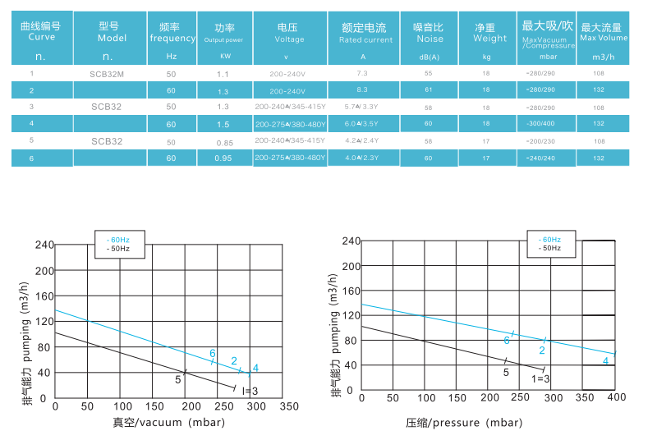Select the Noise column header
click(x=429, y=33)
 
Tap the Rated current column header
click(x=365, y=33)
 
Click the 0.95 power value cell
click(x=223, y=158)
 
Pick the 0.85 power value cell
click(x=223, y=141)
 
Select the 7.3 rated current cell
click(x=362, y=74)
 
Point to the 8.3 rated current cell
click(x=362, y=89)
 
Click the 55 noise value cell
click(x=428, y=74)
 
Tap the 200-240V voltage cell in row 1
click(x=287, y=74)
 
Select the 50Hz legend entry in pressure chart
click(x=551, y=247)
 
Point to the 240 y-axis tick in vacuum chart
click(x=43, y=245)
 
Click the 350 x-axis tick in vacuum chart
click(x=289, y=406)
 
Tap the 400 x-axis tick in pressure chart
click(x=615, y=397)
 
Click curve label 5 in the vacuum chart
click(x=177, y=379)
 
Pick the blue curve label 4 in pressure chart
click(x=606, y=360)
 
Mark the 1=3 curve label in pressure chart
click(x=540, y=378)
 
